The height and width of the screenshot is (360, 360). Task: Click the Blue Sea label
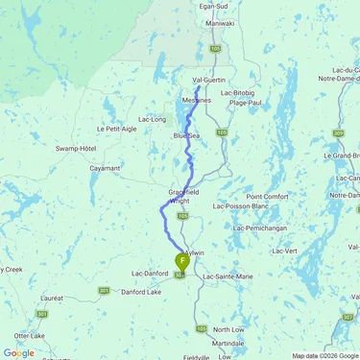[x=185, y=136]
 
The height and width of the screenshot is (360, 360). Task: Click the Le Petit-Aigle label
[x=114, y=129]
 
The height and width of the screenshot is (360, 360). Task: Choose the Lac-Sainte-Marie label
[x=230, y=276]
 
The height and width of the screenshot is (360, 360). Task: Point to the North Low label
[x=228, y=328]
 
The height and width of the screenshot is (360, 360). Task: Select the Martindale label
[x=228, y=343]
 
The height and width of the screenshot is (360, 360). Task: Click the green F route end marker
[x=182, y=260]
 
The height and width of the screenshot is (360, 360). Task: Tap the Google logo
[x=18, y=353]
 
